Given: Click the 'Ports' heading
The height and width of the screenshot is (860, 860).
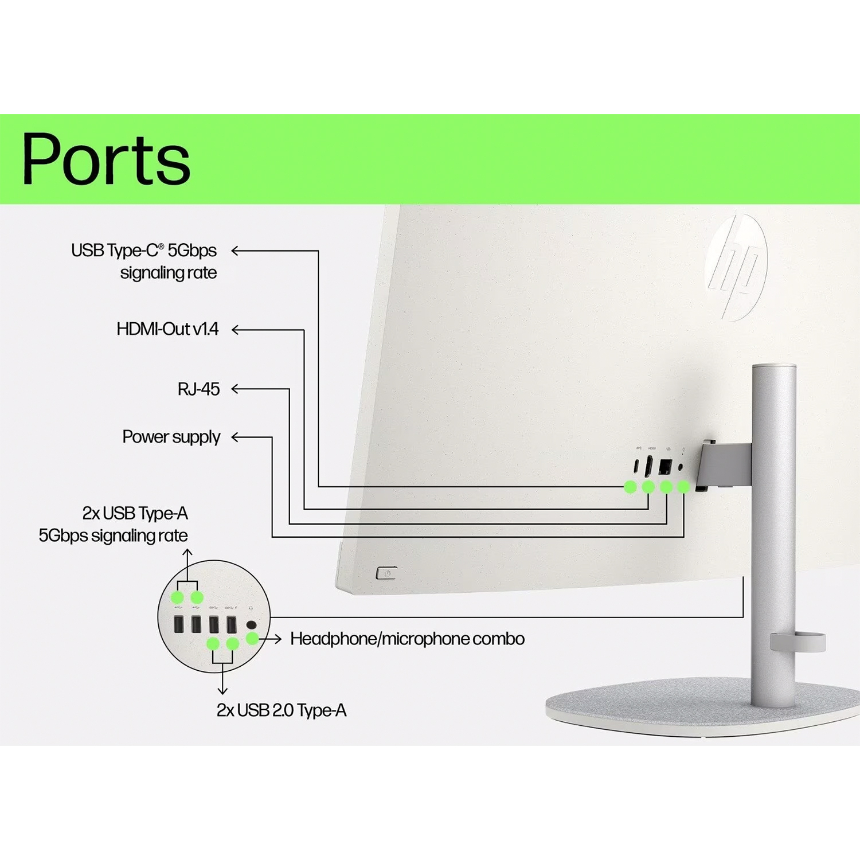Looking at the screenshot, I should coord(106,159).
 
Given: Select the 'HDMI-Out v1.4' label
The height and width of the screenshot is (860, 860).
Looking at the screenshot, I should coord(167,329).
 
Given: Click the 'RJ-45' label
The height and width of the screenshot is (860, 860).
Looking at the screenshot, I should coord(198,389).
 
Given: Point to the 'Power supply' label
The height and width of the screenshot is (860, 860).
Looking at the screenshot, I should coord(171,437).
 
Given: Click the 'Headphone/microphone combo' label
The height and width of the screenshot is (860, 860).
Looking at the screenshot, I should coord(407,639).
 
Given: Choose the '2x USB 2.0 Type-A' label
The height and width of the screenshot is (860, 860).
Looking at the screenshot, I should coord(282,710).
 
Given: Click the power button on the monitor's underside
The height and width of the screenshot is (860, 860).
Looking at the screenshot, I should coord(386,573).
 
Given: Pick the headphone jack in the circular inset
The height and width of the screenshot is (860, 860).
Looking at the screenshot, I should coord(251,625).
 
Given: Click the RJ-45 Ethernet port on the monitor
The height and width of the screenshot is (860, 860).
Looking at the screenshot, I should coord(665,466).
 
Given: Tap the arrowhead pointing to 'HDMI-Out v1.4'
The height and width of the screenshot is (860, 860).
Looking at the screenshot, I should coord(235,330).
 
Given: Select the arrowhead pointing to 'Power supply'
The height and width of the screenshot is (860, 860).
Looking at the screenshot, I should coord(235,437).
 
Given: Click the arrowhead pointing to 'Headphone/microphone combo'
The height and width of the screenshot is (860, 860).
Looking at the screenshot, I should coord(277,639).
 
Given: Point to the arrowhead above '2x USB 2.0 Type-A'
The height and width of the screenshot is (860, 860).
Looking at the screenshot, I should coord(222,690).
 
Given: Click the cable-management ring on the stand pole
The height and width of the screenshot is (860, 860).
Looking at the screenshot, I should coord(798,642).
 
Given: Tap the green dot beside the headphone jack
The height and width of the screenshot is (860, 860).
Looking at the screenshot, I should coord(252,638).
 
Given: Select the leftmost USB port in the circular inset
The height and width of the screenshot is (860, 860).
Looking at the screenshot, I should coord(178,624).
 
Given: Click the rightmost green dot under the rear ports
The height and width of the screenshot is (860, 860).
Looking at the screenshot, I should coord(683,487).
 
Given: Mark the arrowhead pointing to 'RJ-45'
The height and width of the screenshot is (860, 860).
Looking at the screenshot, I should coord(235,389).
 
